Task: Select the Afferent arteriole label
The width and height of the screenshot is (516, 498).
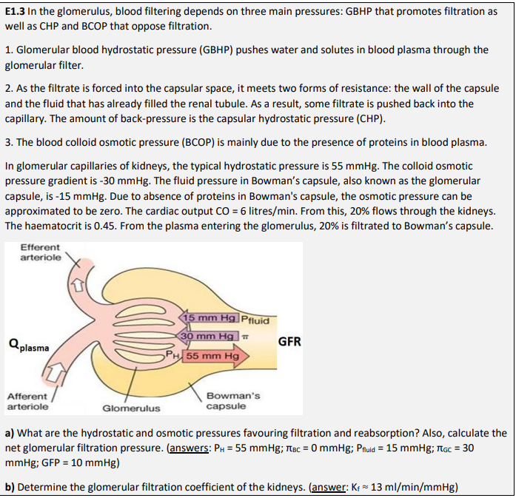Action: pos(28,401)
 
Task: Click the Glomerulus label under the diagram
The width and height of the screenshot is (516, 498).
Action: pos(130,408)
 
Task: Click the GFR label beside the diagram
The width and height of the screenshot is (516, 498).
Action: pos(289,342)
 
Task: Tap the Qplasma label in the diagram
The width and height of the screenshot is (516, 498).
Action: pos(29,346)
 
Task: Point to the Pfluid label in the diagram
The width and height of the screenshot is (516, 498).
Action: pos(257,320)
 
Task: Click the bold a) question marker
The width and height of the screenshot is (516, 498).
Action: pos(10,433)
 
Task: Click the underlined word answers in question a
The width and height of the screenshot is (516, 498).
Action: pos(193,447)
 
